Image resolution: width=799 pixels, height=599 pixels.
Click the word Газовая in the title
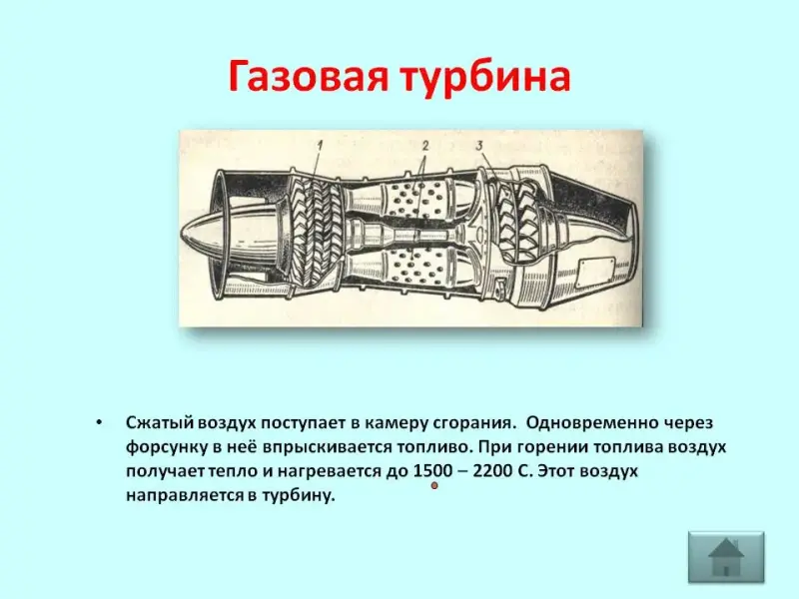308,77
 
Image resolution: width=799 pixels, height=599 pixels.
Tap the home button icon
726,557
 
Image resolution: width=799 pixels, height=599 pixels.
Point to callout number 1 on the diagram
320,146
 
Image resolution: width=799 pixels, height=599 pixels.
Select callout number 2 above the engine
425,146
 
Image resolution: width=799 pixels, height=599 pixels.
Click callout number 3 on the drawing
479,146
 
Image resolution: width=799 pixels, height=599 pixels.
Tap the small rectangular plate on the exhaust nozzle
596,272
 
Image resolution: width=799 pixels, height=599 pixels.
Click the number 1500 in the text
432,470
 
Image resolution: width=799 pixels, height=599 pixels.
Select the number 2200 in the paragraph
493,470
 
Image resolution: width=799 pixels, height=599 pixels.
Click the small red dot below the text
434,486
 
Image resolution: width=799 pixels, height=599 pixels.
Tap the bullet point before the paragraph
99,422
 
